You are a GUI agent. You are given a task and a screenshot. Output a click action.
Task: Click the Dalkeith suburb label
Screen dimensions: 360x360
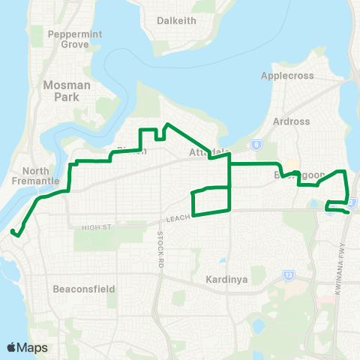(x=176, y=20)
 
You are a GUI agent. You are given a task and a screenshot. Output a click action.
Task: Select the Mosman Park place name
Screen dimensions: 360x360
(x=67, y=91)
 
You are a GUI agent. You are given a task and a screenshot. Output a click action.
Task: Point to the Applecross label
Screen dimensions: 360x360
(x=285, y=76)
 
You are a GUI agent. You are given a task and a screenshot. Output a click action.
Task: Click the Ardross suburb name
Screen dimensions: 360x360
(x=292, y=122)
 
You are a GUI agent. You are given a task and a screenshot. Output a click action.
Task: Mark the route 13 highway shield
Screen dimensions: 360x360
(x=288, y=275)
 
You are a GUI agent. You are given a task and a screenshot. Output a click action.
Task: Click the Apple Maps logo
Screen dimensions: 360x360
(x=28, y=347)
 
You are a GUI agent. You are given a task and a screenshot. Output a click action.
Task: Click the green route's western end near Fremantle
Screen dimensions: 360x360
(x=13, y=234)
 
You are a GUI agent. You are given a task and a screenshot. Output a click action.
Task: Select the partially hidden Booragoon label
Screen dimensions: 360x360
(x=303, y=175)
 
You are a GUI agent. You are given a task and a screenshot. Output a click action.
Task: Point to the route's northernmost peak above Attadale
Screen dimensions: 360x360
(x=167, y=124)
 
